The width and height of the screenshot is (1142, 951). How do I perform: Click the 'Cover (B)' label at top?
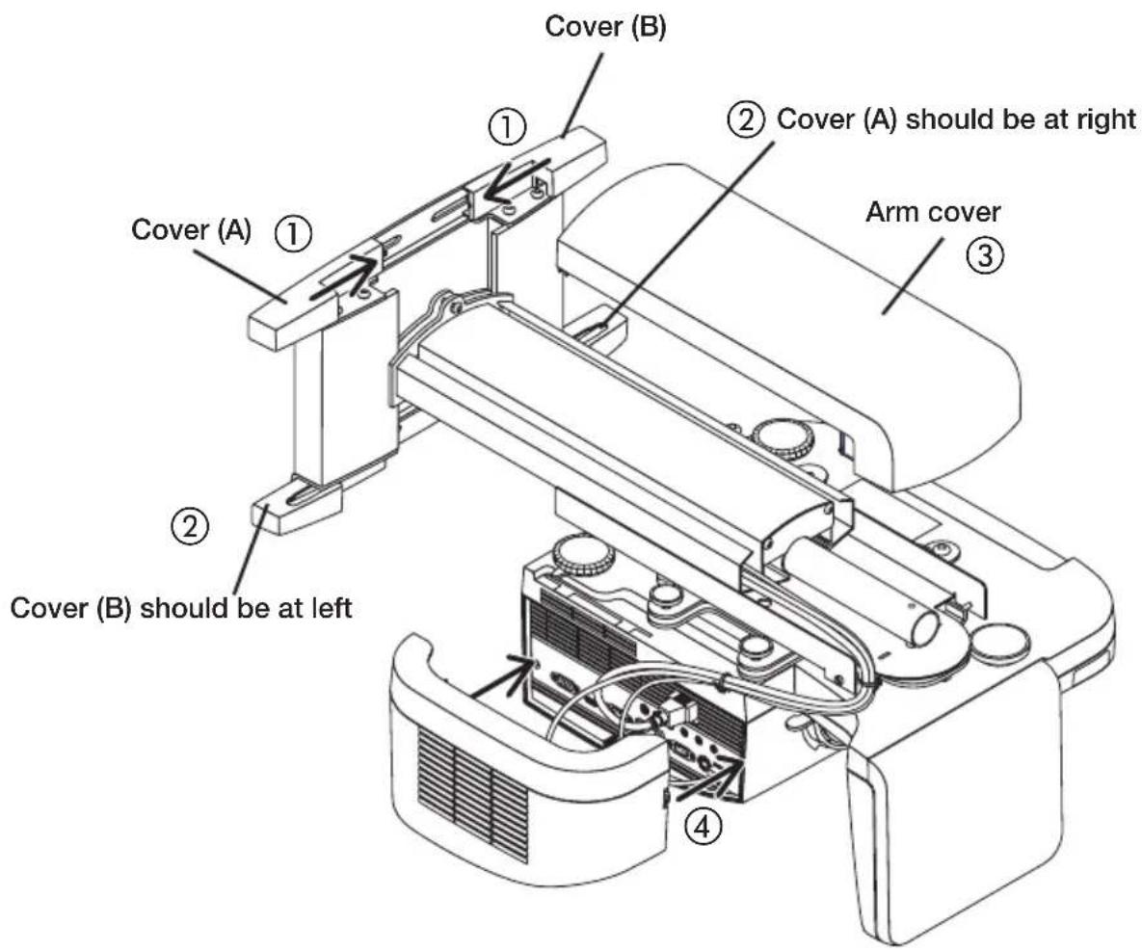tap(605, 27)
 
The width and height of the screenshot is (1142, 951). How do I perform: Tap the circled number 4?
tap(707, 826)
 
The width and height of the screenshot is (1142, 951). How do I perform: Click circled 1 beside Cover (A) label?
tap(295, 232)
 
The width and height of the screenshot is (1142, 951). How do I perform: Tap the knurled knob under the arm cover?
tap(783, 436)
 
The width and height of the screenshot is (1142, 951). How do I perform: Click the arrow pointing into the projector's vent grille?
tap(502, 678)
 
